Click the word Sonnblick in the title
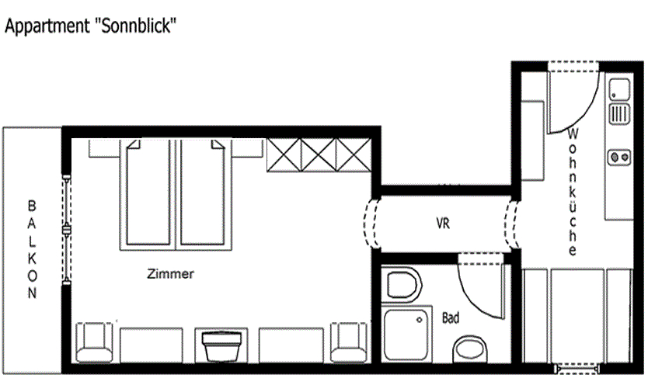136,26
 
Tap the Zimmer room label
170,273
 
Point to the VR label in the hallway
443,224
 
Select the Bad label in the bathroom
451,317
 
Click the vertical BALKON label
32,249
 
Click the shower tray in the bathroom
406,335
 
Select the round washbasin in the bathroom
470,349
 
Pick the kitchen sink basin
619,89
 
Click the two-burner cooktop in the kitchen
619,157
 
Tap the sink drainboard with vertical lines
619,114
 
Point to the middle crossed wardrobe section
319,155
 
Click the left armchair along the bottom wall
94,342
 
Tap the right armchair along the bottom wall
349,342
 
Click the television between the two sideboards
221,345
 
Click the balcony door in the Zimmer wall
67,228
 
